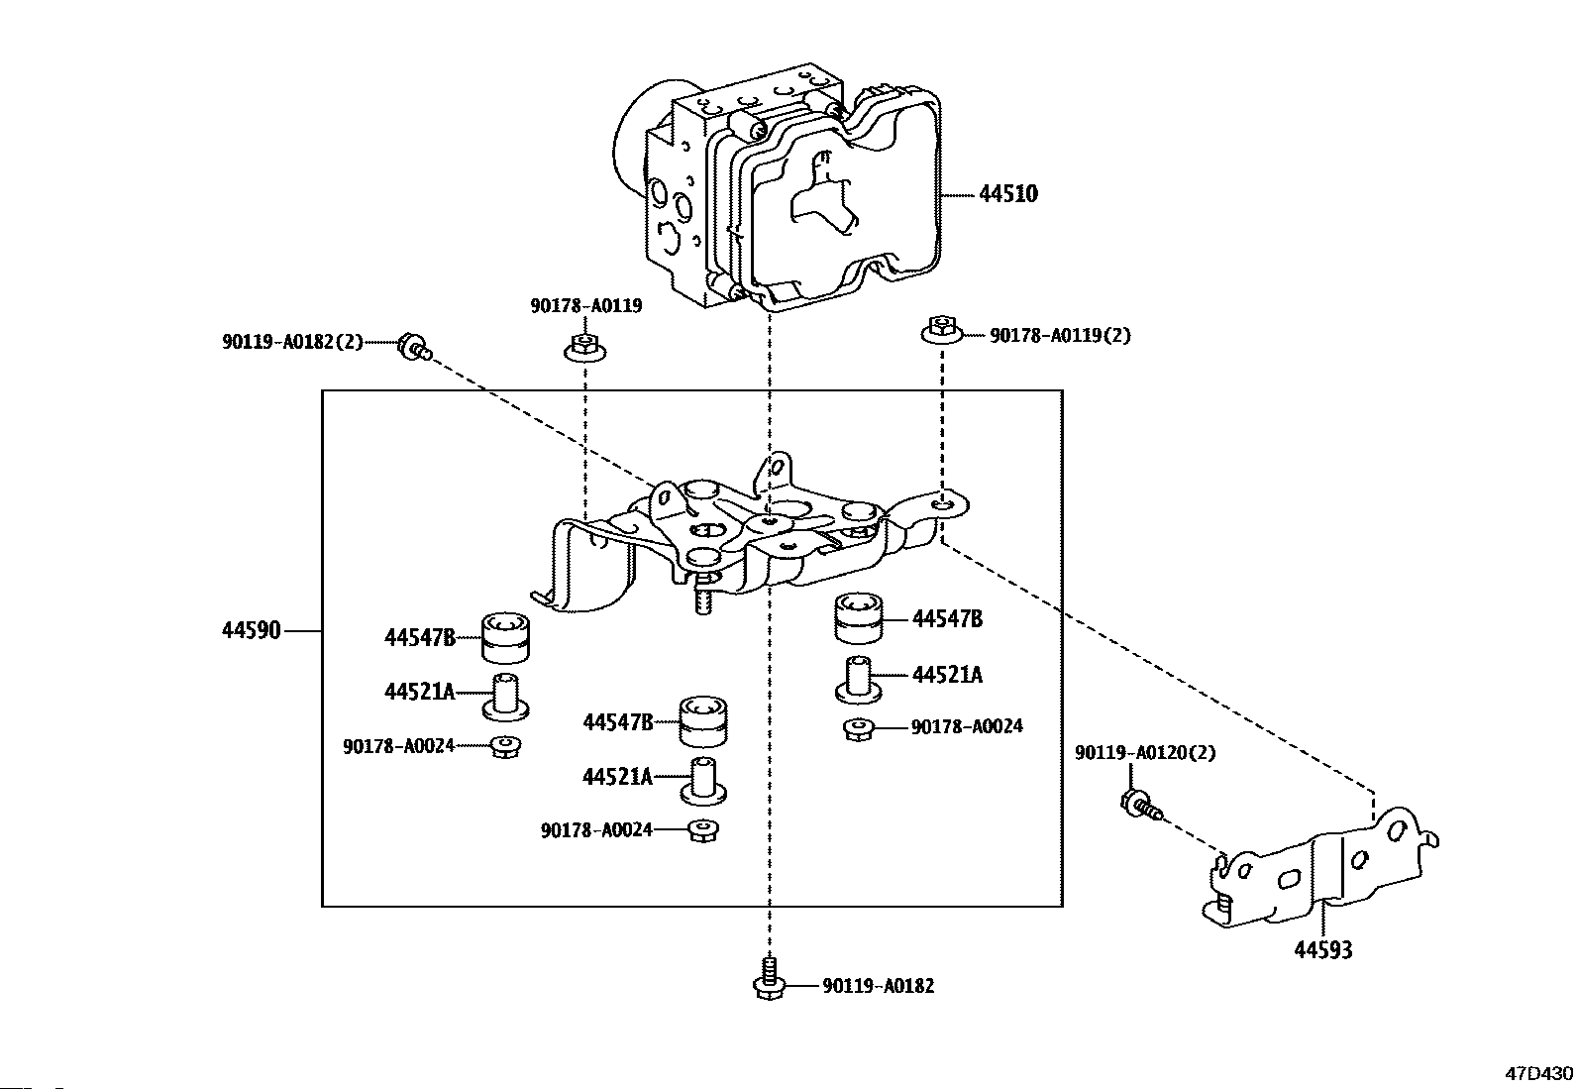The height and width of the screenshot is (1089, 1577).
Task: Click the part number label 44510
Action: point(1008,193)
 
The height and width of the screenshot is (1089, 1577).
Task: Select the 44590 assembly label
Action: point(252,630)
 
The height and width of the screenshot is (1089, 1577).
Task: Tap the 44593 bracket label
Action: point(1322,950)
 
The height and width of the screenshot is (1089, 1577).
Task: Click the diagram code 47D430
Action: point(1538,1073)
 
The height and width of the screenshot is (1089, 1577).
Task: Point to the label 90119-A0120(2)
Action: point(1145,752)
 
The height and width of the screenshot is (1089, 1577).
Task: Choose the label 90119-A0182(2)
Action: point(292,342)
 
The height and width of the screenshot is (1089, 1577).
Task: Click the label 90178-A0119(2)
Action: point(1060,335)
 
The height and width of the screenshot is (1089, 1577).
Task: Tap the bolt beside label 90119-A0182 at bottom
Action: point(769,978)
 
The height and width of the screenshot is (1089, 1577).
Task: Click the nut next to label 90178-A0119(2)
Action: point(941,330)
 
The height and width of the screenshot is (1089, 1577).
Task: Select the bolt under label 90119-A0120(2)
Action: point(1140,806)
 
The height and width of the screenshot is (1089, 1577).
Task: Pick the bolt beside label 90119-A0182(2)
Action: point(415,347)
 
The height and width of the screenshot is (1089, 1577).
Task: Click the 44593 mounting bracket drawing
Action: point(1319,868)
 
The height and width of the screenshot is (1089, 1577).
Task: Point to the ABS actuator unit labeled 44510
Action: point(778,186)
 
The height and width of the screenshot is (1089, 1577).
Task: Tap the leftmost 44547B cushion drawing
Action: point(505,637)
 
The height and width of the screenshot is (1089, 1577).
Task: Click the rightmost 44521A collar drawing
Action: point(858,680)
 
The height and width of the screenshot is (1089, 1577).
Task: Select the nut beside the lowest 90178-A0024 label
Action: point(702,831)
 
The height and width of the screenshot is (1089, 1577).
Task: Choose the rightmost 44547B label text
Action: point(947,619)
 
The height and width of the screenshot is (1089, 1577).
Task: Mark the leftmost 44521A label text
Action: point(420,692)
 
